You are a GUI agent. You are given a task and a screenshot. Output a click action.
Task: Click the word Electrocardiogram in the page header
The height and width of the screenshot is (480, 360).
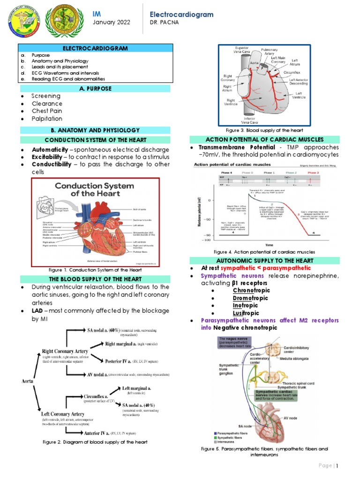coord(181,15)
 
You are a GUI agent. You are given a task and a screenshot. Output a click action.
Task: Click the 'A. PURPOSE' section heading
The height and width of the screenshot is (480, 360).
coord(95,88)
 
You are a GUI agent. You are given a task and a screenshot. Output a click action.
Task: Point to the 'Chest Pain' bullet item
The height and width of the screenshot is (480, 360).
coord(47,111)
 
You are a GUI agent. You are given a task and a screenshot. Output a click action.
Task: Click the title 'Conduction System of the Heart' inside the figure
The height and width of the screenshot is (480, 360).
coord(88,189)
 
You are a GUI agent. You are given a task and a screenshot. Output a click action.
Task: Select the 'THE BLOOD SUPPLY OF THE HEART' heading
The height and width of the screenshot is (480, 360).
coord(95,279)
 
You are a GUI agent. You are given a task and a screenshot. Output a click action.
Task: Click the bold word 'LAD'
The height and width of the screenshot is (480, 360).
coord(39,311)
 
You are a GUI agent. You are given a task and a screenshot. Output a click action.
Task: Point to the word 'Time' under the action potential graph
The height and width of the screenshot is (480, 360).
coord(269,245)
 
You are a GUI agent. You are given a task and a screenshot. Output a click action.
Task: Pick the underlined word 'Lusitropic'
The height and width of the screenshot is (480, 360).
coord(246,313)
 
